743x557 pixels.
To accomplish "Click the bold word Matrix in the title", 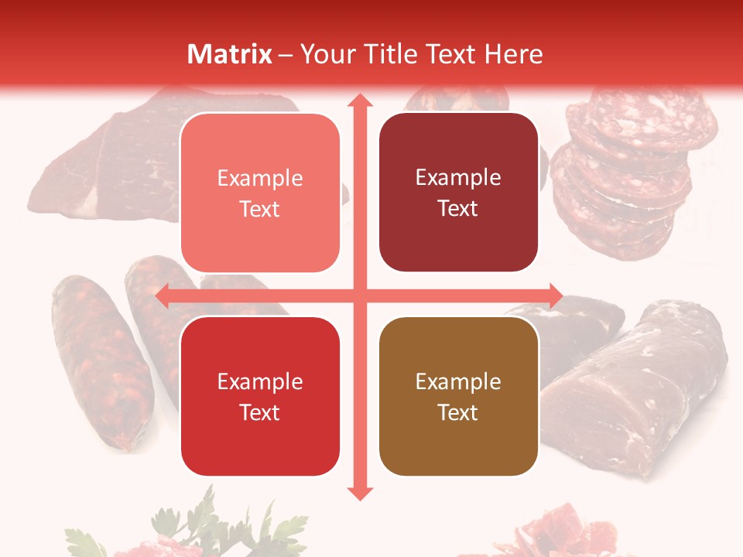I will pos(230,54).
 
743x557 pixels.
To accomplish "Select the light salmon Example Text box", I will pos(260,193).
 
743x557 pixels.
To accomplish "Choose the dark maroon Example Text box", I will pos(458,193).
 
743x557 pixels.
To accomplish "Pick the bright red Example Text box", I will pos(260,396).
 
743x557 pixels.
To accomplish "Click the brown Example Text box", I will pos(458,396).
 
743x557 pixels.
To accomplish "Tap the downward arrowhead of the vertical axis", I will pos(359,492).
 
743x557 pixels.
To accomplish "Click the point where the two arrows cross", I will pos(359,296).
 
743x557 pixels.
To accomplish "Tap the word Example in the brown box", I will pos(458,381).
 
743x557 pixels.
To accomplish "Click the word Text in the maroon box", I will pos(458,208).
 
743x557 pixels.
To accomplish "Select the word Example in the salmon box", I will pos(260,178).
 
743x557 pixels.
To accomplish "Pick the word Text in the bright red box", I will pos(260,412).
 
